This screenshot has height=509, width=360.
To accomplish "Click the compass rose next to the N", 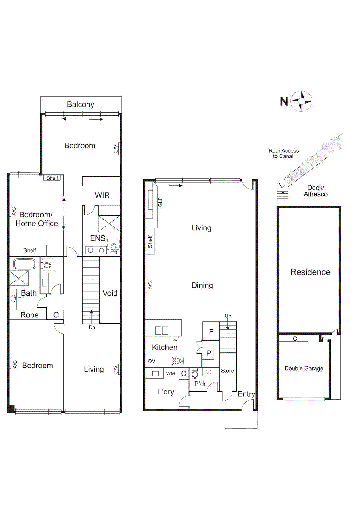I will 301,101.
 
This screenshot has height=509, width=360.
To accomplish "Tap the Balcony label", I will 80,105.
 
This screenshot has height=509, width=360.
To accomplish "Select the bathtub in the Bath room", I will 25,264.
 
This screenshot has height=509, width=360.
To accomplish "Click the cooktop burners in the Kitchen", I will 178,361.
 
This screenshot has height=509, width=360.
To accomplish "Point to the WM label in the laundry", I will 170,373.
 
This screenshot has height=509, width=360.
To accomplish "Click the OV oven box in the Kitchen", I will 151,361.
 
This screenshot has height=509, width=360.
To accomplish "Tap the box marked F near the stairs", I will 211,332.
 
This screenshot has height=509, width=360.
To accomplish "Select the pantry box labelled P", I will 209,353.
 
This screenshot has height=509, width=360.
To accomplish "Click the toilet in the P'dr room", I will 195,374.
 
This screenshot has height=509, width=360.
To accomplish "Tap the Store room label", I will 227,371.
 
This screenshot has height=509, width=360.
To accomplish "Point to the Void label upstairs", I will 110,293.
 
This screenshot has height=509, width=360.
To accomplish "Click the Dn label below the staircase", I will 92,327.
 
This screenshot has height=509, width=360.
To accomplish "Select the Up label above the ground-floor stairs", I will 228,316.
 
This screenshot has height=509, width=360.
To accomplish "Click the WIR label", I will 102,195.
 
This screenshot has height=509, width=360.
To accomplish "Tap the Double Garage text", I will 304,368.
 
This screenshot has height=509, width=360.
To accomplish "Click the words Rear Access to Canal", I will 284,153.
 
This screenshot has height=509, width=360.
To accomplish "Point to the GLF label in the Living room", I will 160,202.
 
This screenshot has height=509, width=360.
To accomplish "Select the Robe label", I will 30,315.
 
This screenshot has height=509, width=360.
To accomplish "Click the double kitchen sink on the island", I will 162,331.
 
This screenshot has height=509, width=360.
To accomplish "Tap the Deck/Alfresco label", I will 315,191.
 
